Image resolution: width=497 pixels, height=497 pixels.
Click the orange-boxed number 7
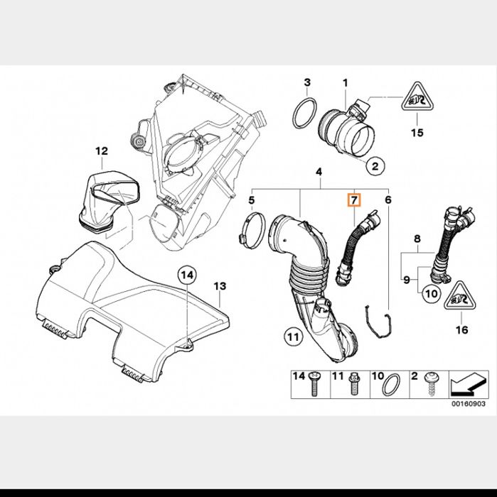(x=353, y=200)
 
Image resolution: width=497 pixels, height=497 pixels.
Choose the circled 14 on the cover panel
(x=186, y=274)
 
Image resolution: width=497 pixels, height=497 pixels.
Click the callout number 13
(x=220, y=286)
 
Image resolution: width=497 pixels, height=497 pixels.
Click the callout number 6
(x=388, y=200)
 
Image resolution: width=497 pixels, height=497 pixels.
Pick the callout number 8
(x=417, y=239)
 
